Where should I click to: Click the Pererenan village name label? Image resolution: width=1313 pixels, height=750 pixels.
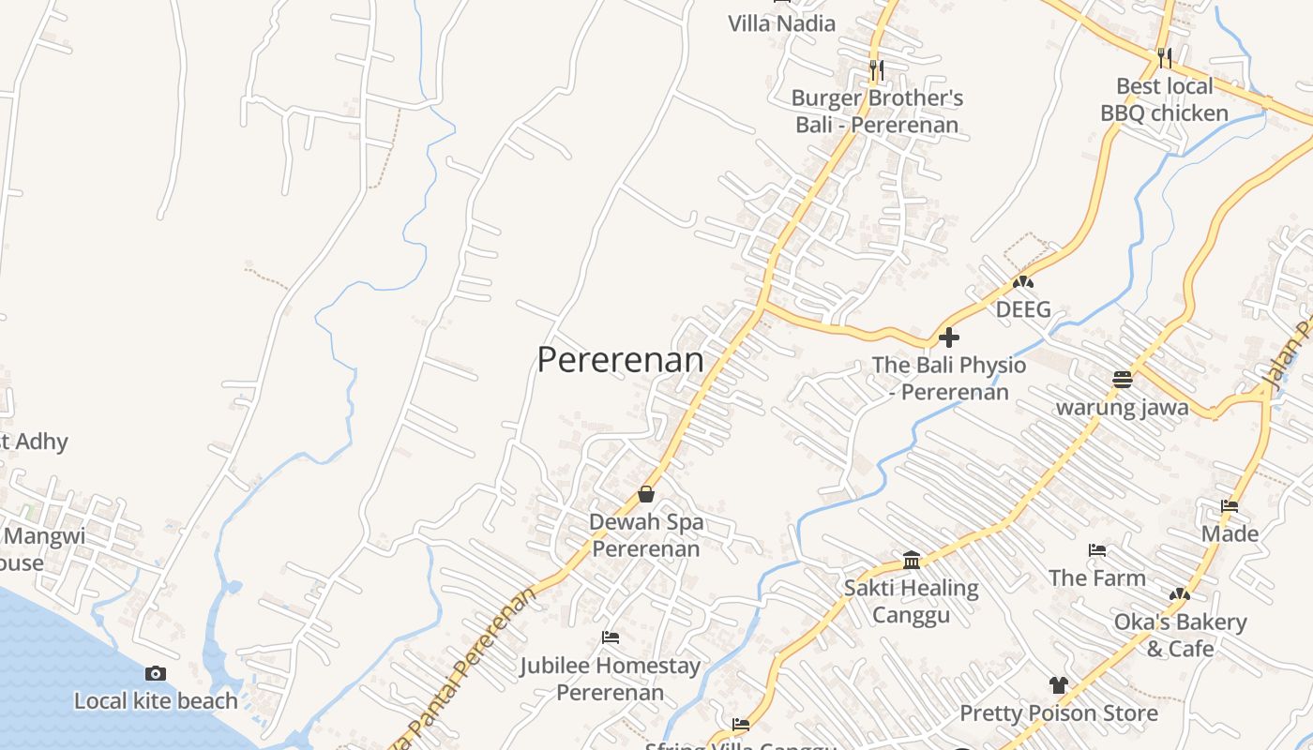[620, 360]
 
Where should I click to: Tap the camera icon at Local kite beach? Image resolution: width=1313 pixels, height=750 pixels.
[156, 673]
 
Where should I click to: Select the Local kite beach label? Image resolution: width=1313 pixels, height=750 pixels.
[156, 700]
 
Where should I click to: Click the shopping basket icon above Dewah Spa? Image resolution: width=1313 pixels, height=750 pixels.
[646, 494]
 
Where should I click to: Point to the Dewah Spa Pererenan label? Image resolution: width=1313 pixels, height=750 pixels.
[646, 534]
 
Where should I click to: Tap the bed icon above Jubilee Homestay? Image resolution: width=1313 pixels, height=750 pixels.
[611, 637]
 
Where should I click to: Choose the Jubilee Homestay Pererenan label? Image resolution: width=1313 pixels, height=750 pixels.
[611, 679]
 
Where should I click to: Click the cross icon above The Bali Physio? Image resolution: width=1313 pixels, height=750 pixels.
[949, 337]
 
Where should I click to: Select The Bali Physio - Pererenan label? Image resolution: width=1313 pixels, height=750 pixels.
[949, 378]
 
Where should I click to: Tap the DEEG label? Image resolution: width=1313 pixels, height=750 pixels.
[1023, 309]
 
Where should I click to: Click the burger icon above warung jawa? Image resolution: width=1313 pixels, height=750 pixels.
[1123, 380]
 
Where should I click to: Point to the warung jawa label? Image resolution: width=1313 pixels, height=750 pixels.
[1123, 407]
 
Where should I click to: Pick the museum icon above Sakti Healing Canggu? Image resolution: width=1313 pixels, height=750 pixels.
[912, 561]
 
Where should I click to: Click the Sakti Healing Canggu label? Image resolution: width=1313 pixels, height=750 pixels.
[912, 601]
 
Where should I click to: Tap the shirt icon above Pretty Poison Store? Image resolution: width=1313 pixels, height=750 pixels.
[1059, 685]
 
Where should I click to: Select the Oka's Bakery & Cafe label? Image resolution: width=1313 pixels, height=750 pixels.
[1180, 635]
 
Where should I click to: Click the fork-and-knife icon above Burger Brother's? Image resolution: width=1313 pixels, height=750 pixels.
[877, 69]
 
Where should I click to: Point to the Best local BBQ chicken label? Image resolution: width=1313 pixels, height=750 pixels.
[1164, 99]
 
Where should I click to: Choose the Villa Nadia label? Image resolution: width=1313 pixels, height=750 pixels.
[782, 23]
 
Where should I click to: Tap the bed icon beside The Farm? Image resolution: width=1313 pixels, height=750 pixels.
[1097, 550]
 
